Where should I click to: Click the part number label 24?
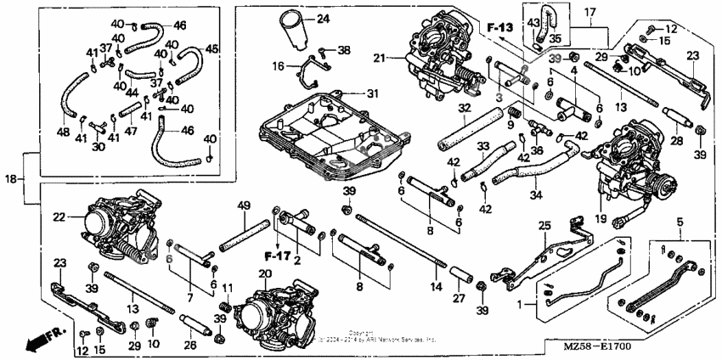(323, 19)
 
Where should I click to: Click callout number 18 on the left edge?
(11, 180)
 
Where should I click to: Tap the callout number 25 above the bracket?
(544, 224)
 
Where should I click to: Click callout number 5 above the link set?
(679, 222)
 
